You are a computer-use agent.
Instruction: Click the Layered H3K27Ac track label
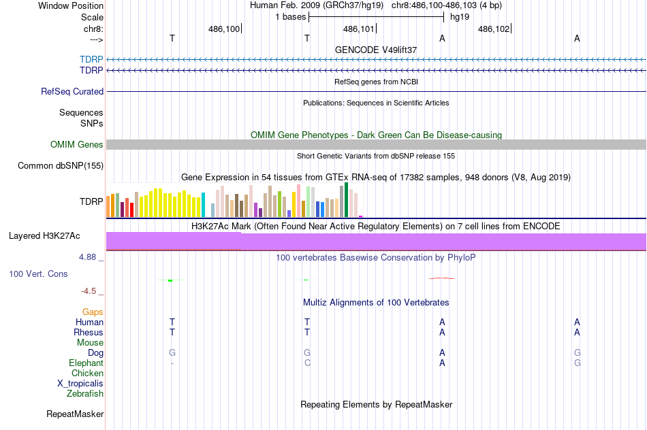pyautogui.click(x=44, y=236)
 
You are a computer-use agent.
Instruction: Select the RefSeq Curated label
pyautogui.click(x=72, y=91)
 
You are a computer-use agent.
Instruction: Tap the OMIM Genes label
pyautogui.click(x=77, y=144)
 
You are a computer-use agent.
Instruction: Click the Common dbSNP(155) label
pyautogui.click(x=61, y=165)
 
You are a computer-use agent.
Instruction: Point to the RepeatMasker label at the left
pyautogui.click(x=75, y=414)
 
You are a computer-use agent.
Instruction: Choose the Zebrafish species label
pyautogui.click(x=85, y=393)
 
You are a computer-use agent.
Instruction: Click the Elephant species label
pyautogui.click(x=86, y=363)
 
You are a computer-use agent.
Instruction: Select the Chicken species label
pyautogui.click(x=87, y=374)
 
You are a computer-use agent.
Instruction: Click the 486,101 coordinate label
pyautogui.click(x=359, y=29)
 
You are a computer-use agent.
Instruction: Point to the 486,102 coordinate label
pyautogui.click(x=494, y=29)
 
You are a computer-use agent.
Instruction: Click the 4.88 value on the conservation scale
pyautogui.click(x=91, y=257)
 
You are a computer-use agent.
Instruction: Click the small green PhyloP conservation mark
pyautogui.click(x=170, y=280)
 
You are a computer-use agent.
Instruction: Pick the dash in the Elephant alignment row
pyautogui.click(x=172, y=363)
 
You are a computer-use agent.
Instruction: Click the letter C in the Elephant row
pyautogui.click(x=307, y=363)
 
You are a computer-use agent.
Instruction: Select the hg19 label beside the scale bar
pyautogui.click(x=460, y=16)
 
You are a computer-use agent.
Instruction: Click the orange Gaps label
pyautogui.click(x=93, y=312)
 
